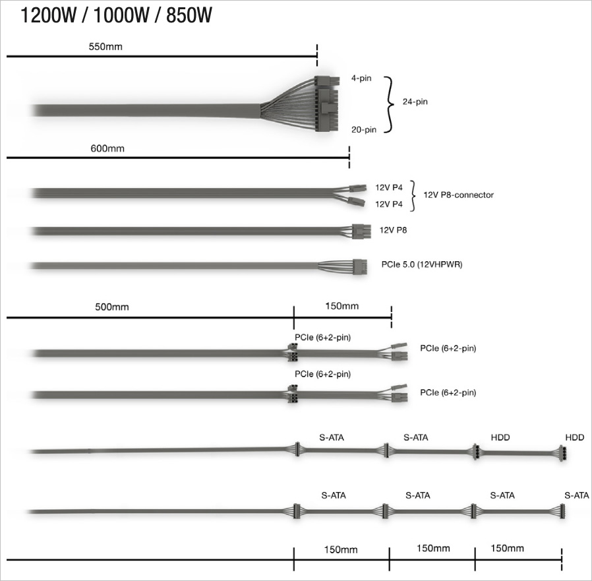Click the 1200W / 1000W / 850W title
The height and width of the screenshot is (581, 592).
click(116, 15)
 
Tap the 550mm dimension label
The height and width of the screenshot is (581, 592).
click(105, 47)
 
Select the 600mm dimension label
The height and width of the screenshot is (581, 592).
click(107, 148)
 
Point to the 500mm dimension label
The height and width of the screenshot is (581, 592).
click(112, 307)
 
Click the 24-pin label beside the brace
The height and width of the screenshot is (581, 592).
click(415, 102)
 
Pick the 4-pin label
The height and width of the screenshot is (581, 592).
click(361, 78)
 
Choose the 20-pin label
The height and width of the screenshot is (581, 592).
click(364, 129)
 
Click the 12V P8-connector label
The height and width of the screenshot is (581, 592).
click(458, 195)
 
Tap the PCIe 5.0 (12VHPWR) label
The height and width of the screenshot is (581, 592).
click(422, 264)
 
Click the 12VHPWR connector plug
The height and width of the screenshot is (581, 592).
click(360, 266)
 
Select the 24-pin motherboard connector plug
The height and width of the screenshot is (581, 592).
click(326, 104)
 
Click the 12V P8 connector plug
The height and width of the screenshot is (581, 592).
click(361, 231)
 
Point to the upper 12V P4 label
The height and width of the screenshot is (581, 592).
click(389, 187)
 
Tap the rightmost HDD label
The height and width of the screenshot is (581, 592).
click(575, 437)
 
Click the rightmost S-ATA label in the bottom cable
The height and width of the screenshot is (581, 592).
click(577, 495)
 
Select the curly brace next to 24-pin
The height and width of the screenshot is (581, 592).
click(389, 105)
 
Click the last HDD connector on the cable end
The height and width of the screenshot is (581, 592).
click(563, 453)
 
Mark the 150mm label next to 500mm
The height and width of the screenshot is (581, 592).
click(341, 305)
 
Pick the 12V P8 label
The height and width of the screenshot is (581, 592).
click(393, 230)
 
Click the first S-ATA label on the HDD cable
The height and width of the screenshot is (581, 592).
click(332, 437)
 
